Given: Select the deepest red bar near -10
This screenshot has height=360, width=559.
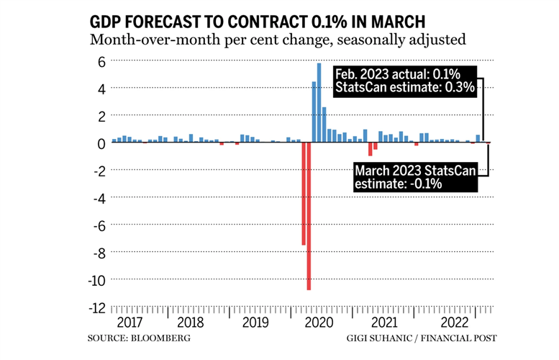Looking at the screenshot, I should [309, 216].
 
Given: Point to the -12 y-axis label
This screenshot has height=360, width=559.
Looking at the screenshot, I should [97, 307].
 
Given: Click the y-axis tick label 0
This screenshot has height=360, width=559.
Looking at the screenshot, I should [101, 143].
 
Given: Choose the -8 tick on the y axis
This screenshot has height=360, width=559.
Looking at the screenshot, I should [99, 252].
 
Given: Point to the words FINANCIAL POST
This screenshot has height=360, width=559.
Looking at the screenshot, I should [462, 338].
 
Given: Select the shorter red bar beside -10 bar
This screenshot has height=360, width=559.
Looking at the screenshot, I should [304, 194].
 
